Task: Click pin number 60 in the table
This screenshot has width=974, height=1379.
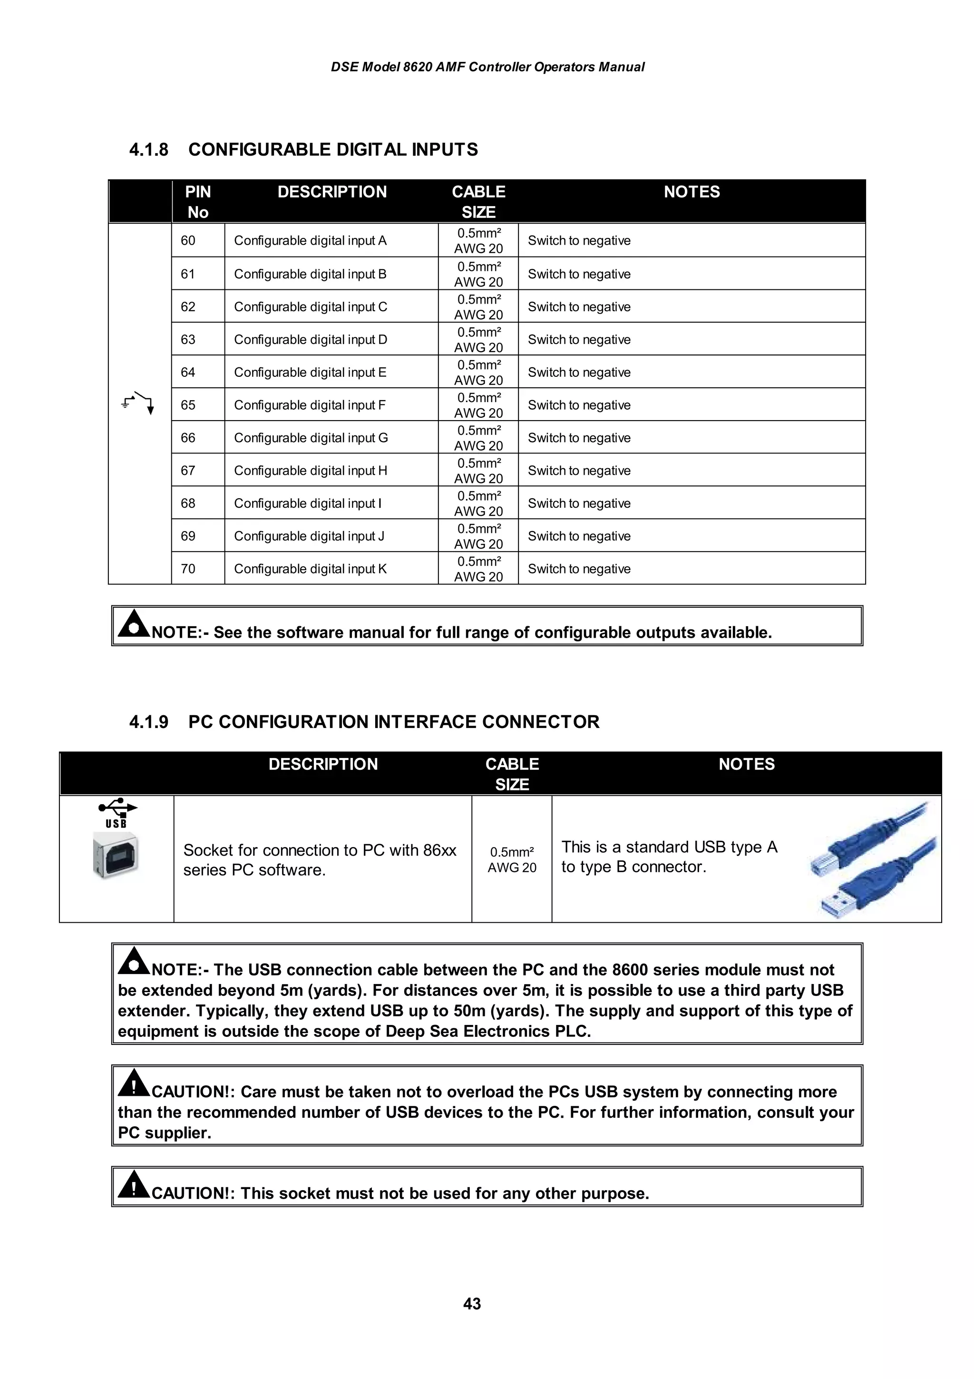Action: (x=188, y=241)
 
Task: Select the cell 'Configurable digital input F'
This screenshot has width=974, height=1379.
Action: (x=310, y=405)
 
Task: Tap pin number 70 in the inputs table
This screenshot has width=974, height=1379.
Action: (x=188, y=569)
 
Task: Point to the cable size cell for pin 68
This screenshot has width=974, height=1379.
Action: (x=478, y=503)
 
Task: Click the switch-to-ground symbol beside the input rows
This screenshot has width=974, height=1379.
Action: (x=138, y=403)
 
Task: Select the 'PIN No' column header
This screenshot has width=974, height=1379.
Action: (x=197, y=202)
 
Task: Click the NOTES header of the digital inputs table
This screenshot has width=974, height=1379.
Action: (x=692, y=192)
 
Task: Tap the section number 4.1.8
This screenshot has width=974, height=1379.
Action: (x=149, y=149)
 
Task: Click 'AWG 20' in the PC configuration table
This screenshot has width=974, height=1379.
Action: (x=511, y=867)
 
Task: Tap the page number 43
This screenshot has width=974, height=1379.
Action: (x=472, y=1303)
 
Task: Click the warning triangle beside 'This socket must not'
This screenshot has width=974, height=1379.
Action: (x=133, y=1184)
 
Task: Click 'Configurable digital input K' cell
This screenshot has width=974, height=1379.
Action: (x=310, y=569)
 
